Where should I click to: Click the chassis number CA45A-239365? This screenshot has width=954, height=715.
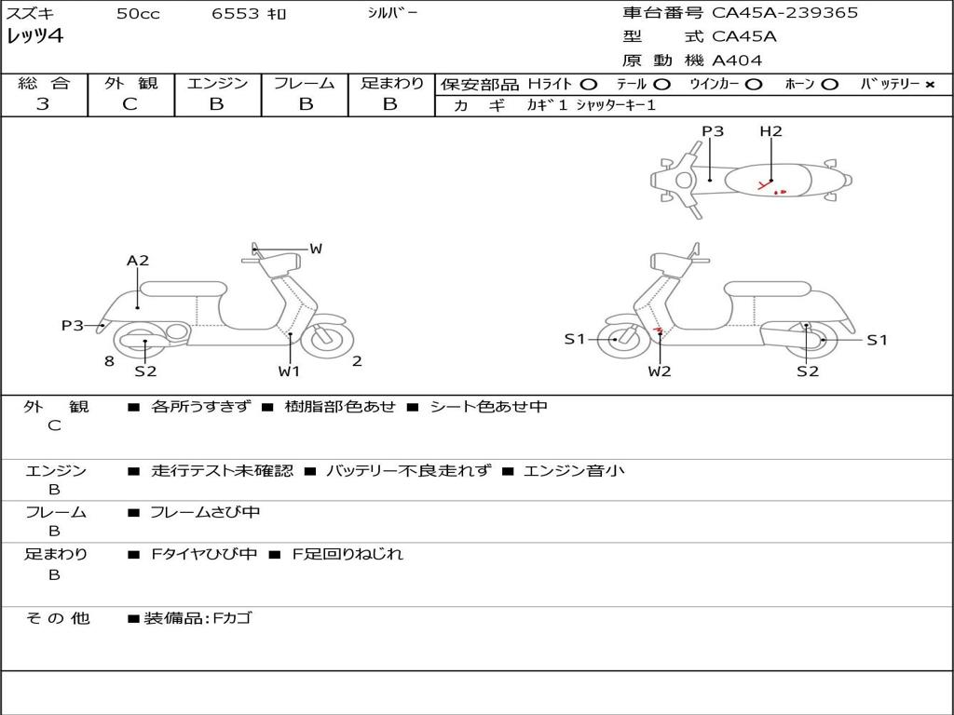[x=784, y=13]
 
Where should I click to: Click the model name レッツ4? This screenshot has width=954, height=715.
[x=34, y=36]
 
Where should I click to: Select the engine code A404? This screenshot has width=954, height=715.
[x=737, y=61]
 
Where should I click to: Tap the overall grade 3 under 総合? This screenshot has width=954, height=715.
[x=42, y=104]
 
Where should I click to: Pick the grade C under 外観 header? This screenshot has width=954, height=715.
[x=129, y=104]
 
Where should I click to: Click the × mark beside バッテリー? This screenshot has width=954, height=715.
[x=930, y=85]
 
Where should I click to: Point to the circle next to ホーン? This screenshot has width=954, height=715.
[x=829, y=85]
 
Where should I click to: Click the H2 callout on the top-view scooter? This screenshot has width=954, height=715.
[x=770, y=130]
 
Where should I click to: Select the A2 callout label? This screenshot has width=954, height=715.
[x=138, y=261]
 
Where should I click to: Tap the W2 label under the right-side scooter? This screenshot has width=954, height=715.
[x=660, y=371]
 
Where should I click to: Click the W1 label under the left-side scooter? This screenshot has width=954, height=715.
[x=289, y=371]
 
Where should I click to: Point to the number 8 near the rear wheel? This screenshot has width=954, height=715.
[x=109, y=361]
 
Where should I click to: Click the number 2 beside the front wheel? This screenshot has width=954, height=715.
[x=357, y=361]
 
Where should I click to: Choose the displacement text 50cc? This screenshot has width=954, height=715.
[x=138, y=13]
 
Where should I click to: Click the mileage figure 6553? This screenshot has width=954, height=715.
[x=236, y=13]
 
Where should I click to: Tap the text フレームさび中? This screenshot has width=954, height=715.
[x=205, y=513]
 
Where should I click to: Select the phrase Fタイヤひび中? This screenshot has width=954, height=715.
[x=204, y=554]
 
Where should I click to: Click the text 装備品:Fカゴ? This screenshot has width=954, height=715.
[x=198, y=618]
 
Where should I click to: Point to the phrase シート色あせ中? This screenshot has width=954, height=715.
[x=488, y=406]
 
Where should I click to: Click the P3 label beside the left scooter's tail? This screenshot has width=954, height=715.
[x=72, y=325]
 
